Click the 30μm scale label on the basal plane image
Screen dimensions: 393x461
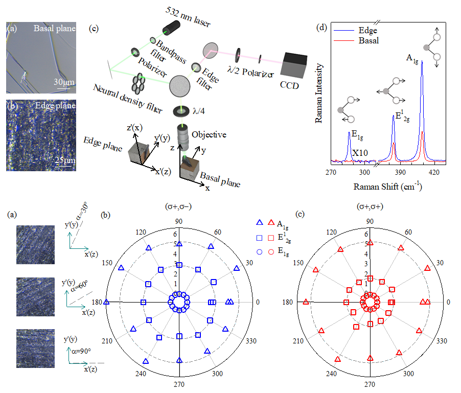65,83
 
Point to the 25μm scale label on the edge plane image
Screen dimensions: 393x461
64,161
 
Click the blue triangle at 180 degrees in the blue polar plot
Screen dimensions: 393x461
106,302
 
